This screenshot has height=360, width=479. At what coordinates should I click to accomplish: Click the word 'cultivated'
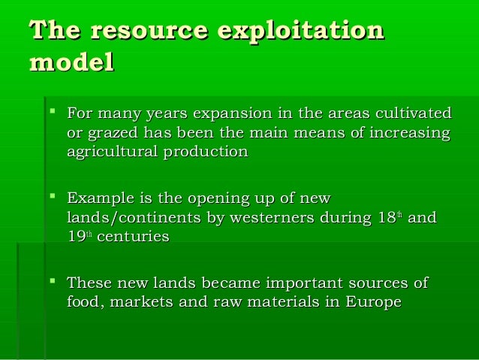coord(414,114)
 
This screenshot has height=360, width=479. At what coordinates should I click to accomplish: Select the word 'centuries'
coord(133,237)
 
